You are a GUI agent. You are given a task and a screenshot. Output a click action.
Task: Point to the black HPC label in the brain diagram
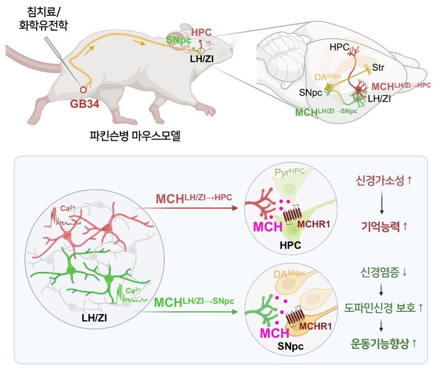(339, 46)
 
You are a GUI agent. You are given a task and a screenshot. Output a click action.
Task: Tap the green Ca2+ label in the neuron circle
(134, 288)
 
